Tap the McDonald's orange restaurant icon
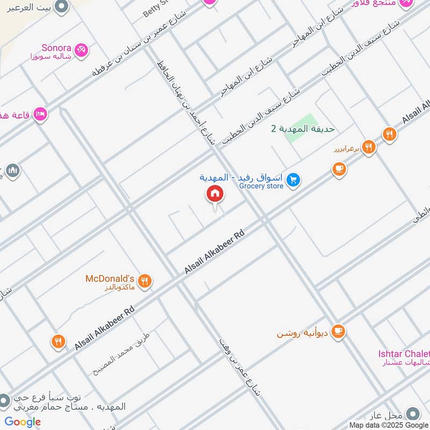point(144,280)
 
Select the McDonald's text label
point(110,278)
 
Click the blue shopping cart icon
point(293,180)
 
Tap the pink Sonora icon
point(82,50)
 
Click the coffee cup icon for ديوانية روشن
point(338,331)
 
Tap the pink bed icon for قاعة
point(40,114)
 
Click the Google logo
point(23,422)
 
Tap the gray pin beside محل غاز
point(413,414)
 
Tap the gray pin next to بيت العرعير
point(62,7)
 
